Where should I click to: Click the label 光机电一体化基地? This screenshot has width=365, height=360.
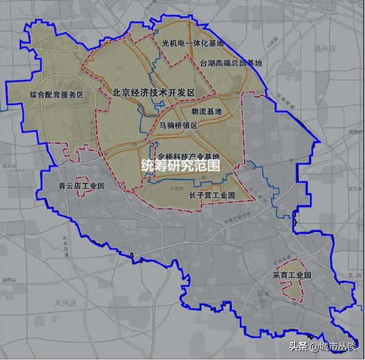pyautogui.click(x=192, y=43)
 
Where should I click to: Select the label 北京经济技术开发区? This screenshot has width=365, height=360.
pyautogui.click(x=154, y=92)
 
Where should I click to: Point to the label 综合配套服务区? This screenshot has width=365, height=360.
pyautogui.click(x=56, y=95)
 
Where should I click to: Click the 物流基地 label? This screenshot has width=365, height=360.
pyautogui.click(x=206, y=112)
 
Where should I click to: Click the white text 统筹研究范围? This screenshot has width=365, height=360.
pyautogui.click(x=180, y=166)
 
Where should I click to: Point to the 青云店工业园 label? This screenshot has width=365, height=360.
pyautogui.click(x=82, y=186)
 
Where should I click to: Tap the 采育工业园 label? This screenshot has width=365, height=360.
pyautogui.click(x=292, y=275)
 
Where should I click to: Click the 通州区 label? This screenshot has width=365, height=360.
pyautogui.click(x=326, y=49)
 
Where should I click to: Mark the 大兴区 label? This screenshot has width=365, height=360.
pyautogui.click(x=66, y=302)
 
